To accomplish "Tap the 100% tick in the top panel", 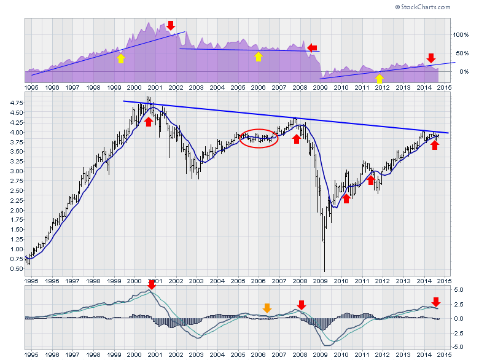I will click(x=461, y=35).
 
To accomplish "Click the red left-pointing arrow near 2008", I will click(x=313, y=47).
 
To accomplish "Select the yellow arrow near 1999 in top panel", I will click(x=120, y=58).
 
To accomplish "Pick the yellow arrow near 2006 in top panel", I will click(x=259, y=57).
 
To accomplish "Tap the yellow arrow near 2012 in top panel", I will click(x=380, y=78).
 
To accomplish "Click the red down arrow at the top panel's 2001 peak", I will click(x=170, y=26).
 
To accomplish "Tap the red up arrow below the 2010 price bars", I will click(x=346, y=198).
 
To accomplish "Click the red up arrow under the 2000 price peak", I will click(x=149, y=122).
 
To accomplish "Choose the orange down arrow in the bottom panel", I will click(x=267, y=308).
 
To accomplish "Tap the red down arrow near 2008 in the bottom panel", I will click(x=302, y=305).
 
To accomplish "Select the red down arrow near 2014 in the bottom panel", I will click(x=436, y=302).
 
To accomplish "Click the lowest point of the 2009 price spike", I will click(x=324, y=272).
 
